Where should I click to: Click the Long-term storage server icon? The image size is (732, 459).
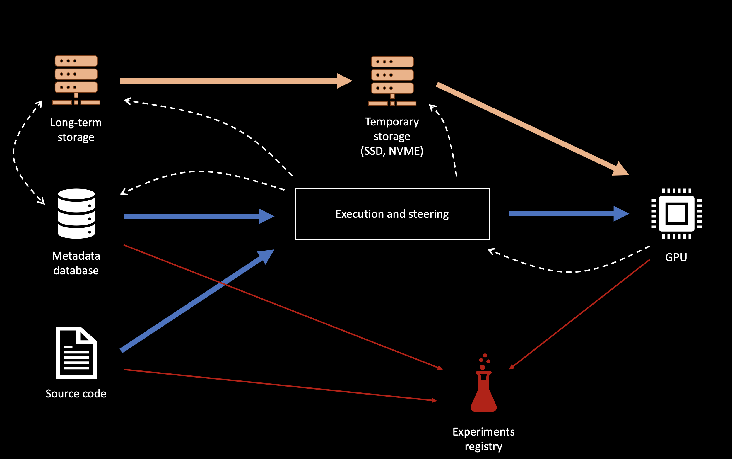coord(76,80)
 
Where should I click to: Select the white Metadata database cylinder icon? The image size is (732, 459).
coord(76,214)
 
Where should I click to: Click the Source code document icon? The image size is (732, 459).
coord(76,353)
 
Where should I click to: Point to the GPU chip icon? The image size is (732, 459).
coord(676,214)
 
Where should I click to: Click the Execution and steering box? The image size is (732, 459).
coord(392,214)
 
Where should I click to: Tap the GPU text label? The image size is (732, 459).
coord(676,257)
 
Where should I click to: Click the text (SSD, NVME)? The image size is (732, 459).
coord(392,151)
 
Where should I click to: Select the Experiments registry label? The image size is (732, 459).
coord(484,439)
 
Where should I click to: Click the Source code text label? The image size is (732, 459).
coord(76,394)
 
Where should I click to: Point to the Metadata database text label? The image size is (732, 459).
coord(76,263)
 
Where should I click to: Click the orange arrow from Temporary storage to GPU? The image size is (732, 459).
coord(531,127)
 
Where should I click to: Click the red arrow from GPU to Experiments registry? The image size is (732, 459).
coord(579,314)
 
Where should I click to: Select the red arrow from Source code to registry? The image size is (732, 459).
coord(279,385)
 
